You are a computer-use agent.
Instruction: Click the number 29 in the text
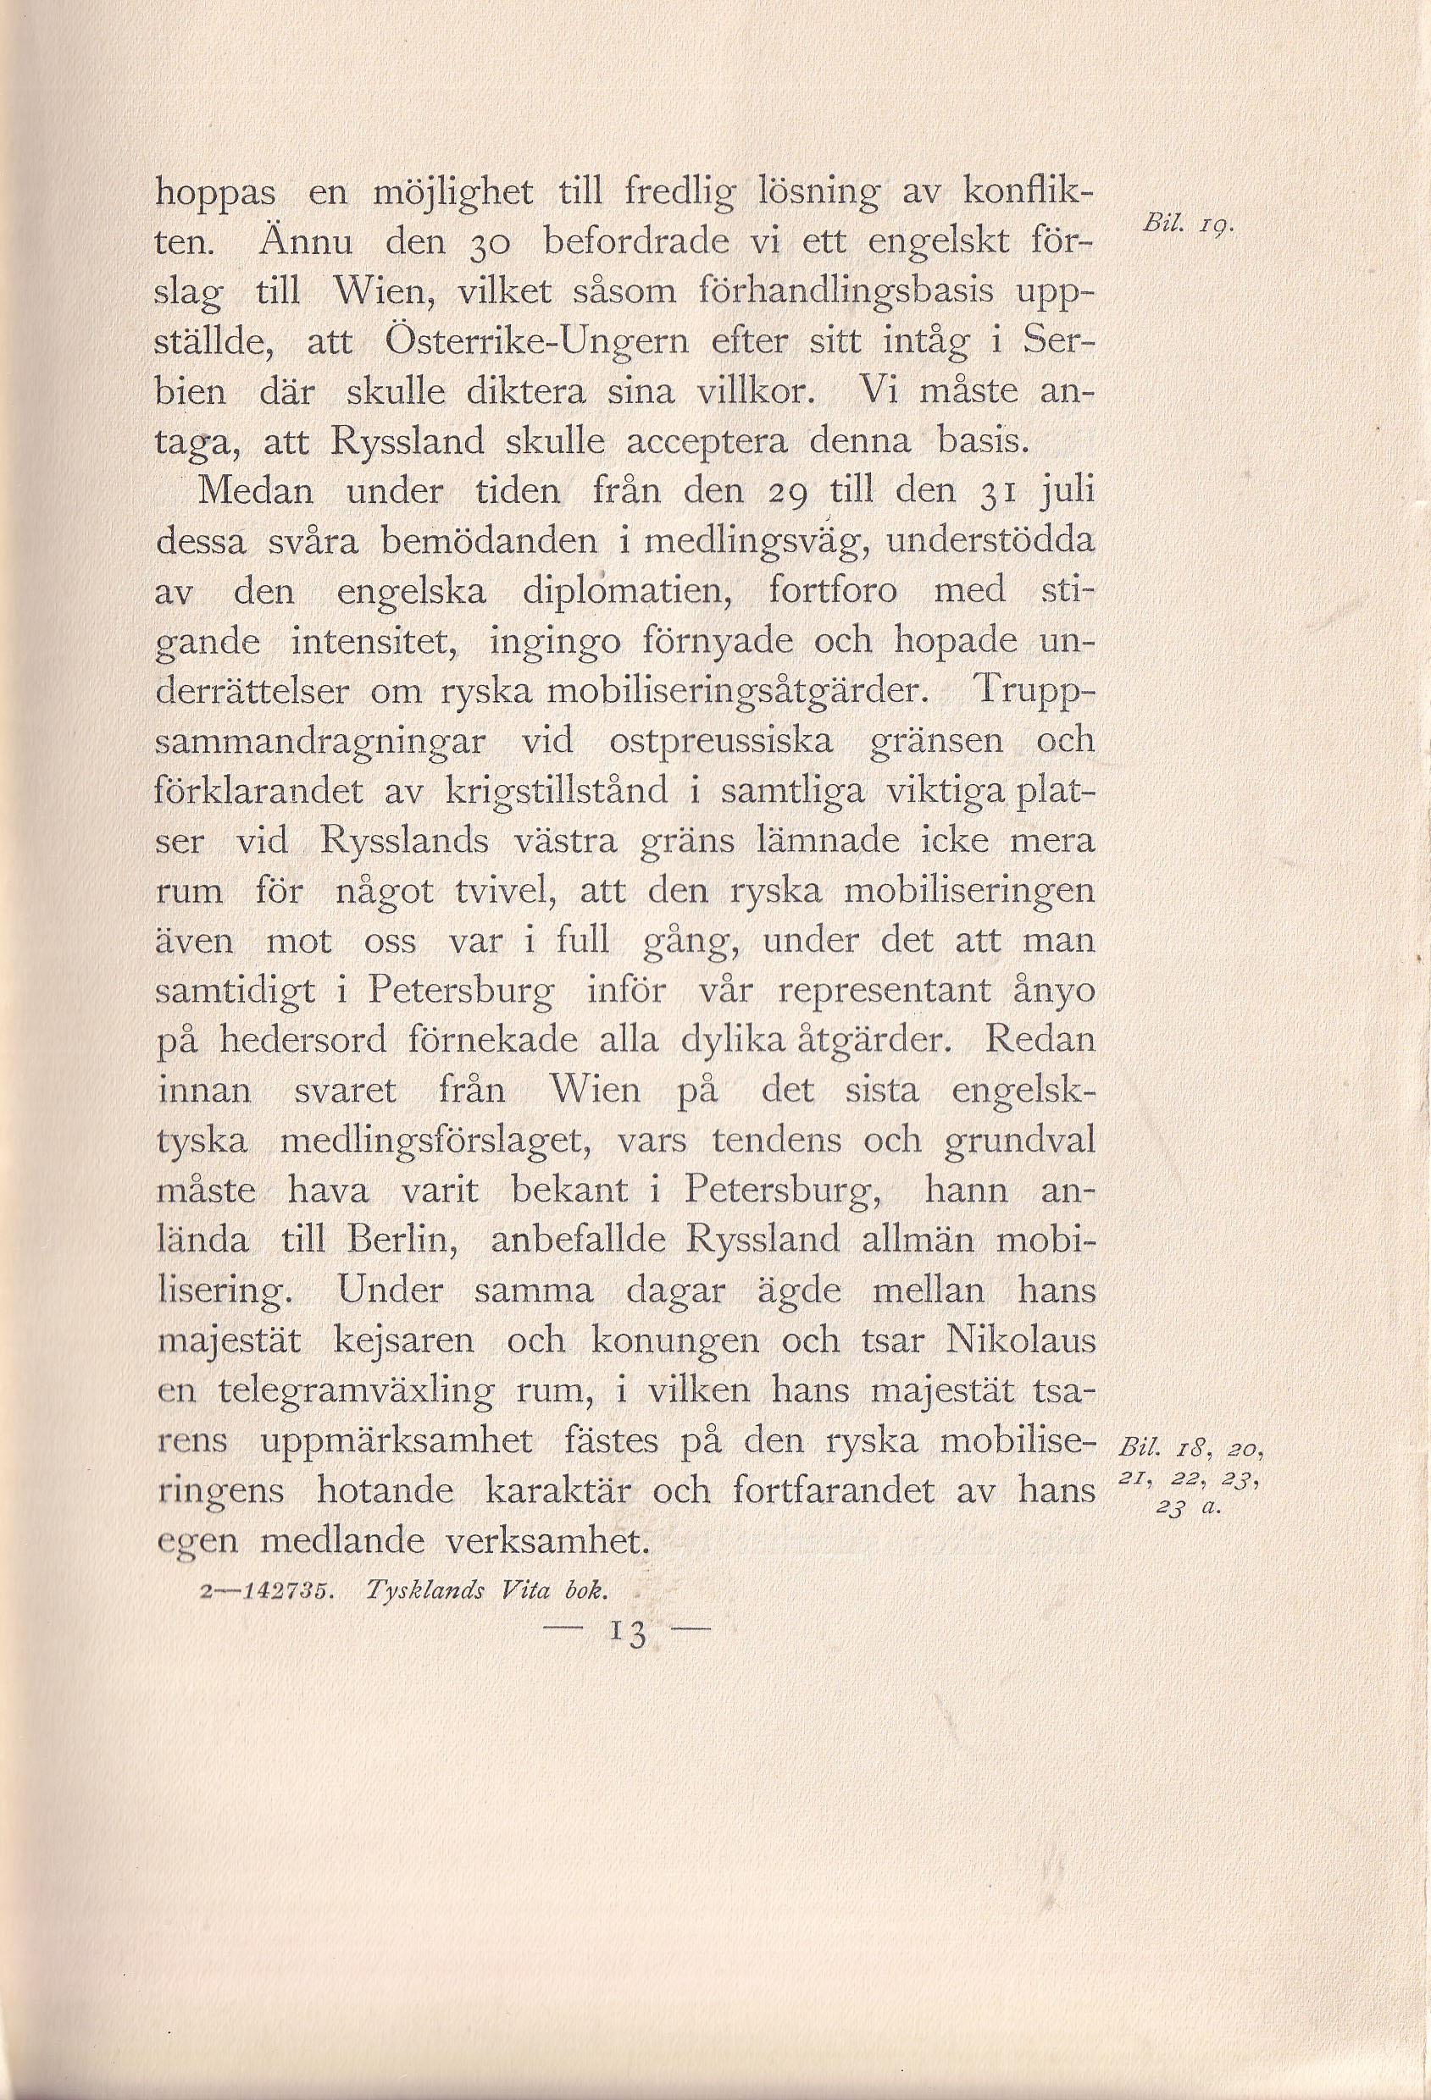[785, 493]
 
